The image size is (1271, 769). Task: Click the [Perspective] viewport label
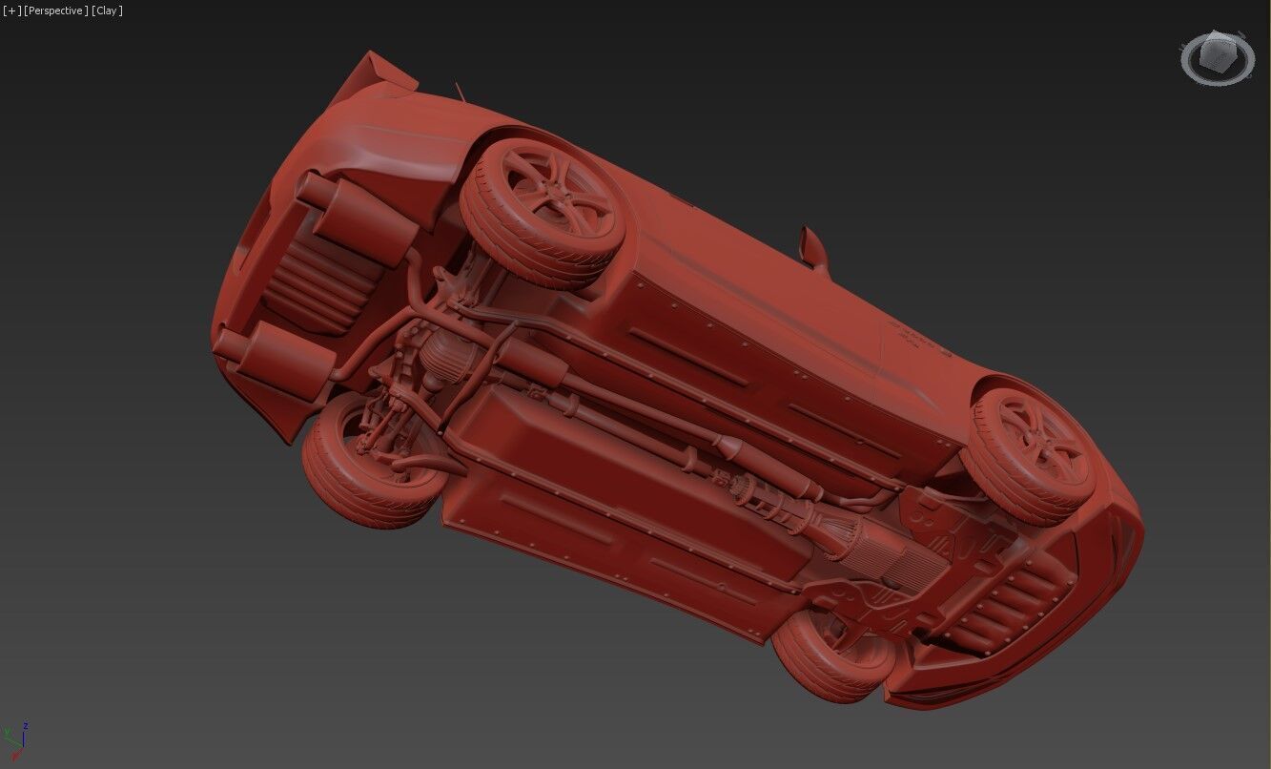(56, 10)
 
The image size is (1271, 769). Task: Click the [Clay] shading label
(107, 10)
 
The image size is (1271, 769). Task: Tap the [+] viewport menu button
(11, 10)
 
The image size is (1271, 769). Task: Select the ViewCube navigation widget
(1218, 58)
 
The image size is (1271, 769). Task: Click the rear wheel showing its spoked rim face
(543, 213)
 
